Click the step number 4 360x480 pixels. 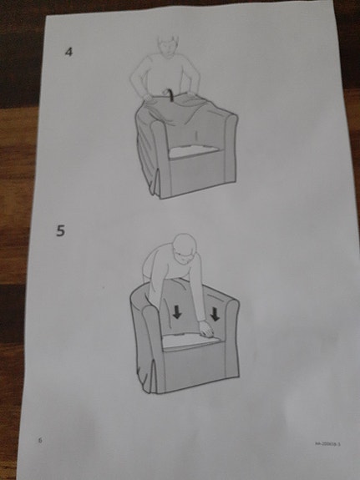(x=69, y=53)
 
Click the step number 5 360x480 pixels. (x=60, y=231)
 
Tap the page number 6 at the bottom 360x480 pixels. (x=39, y=439)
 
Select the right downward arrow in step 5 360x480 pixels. (x=215, y=316)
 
